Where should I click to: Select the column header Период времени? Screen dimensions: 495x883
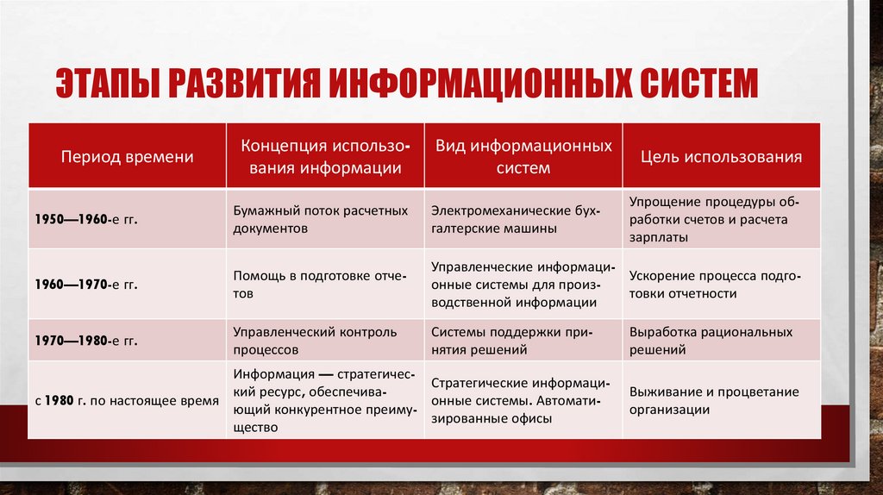(127, 157)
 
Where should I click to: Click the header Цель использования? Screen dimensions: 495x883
(721, 157)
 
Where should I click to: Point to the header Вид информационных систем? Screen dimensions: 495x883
(523, 157)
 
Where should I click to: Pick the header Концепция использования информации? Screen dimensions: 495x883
(325, 157)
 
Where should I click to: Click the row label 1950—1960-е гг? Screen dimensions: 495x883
(86, 220)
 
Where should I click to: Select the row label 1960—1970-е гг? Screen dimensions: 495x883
(86, 284)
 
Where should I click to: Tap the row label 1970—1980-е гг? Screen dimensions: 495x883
(86, 341)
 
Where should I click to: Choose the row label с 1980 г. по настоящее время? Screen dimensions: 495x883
(127, 401)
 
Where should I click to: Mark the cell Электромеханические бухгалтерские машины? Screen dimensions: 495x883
(515, 220)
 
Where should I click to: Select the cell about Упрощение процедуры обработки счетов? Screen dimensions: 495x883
(714, 219)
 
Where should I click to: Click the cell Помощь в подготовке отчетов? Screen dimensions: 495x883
(311, 285)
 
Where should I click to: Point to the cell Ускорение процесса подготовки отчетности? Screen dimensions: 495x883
(715, 285)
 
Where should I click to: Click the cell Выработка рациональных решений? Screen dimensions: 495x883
(711, 341)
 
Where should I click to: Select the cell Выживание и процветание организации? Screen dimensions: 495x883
(714, 401)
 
